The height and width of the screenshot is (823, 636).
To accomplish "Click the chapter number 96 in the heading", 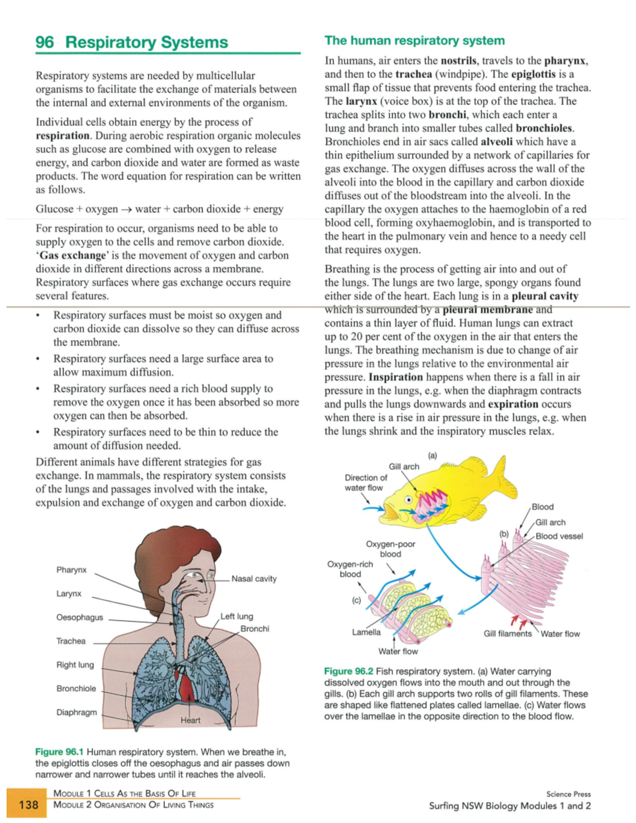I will (x=45, y=42).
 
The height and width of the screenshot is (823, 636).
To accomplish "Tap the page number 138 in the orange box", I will (x=29, y=804).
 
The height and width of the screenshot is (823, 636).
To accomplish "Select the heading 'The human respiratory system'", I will (x=414, y=41).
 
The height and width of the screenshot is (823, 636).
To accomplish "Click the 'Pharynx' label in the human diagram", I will (x=71, y=570).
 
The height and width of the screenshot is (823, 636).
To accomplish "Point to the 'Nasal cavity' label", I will (x=254, y=579).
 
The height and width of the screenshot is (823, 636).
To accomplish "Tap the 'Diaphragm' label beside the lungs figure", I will (x=76, y=712).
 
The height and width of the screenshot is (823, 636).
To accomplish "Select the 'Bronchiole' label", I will (x=76, y=688).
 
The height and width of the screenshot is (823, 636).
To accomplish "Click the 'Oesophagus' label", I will (x=79, y=617).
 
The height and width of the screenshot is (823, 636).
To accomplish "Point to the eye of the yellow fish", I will (x=409, y=500).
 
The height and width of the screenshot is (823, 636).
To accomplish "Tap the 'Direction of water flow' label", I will (x=365, y=483).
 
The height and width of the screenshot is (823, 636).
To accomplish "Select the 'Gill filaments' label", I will (x=507, y=634).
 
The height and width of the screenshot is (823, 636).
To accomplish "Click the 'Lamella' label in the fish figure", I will (x=366, y=632).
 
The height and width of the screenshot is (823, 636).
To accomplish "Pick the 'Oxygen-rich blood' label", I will (x=350, y=569).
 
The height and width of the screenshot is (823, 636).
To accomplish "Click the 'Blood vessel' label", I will (x=559, y=536).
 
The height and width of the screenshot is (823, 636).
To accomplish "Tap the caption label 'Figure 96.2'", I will (x=348, y=671).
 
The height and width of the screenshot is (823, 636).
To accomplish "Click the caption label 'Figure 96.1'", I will (x=59, y=752).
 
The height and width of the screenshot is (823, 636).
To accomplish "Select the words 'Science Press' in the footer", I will (x=568, y=794).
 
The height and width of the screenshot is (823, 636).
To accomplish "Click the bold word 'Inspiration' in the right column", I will (x=395, y=377).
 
